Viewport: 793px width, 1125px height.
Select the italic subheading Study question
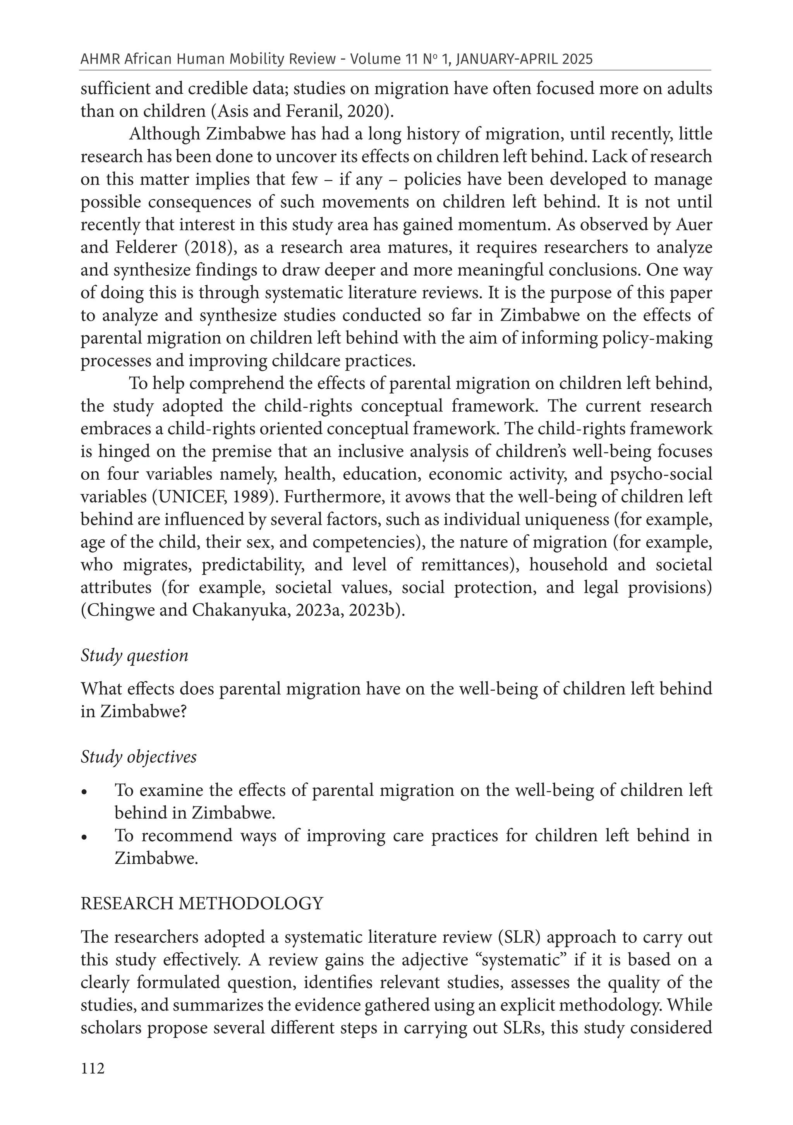(x=134, y=655)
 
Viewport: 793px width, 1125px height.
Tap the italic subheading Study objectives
(x=138, y=756)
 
